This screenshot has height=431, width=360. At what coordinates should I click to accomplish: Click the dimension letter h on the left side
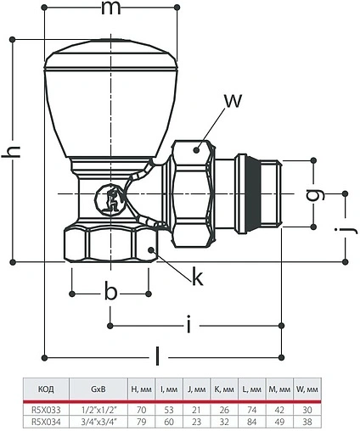(11, 152)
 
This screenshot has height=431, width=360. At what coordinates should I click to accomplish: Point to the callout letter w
(233, 100)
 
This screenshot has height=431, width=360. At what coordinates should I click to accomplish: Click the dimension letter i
(188, 324)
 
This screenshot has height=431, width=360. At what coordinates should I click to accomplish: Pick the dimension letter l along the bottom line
(158, 356)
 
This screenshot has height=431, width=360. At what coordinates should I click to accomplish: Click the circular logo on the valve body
(109, 200)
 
